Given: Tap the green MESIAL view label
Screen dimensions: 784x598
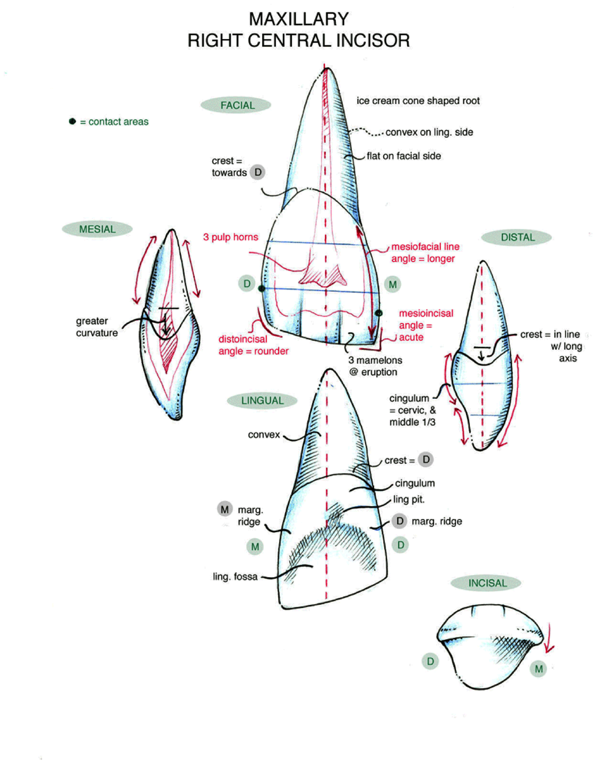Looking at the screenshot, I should [x=97, y=229].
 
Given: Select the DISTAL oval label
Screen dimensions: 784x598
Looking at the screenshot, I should [x=517, y=237].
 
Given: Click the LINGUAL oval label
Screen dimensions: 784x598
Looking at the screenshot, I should [x=262, y=400].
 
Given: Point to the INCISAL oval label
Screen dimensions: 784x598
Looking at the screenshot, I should [x=486, y=583].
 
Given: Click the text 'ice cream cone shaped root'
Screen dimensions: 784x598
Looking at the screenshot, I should [x=418, y=101].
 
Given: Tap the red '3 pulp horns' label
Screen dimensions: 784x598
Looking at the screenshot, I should [x=230, y=237].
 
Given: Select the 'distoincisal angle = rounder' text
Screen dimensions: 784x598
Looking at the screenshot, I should [x=253, y=345].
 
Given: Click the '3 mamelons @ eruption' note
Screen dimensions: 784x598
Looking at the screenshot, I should [x=375, y=366].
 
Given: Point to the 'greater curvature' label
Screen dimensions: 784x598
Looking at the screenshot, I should [x=97, y=327].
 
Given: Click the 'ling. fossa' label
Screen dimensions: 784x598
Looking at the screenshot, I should [x=235, y=576].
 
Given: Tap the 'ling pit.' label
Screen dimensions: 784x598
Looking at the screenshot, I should [x=409, y=499].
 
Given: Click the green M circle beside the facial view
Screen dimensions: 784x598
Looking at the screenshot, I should [x=393, y=285].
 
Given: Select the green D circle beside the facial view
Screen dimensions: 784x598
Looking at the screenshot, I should [x=247, y=284].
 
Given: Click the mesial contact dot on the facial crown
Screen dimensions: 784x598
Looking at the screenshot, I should [x=378, y=313].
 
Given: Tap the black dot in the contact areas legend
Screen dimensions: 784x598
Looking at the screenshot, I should [x=72, y=121].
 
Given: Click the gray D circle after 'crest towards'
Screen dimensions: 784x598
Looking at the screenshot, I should [x=258, y=172].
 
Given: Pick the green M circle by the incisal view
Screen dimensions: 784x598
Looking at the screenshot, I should [x=538, y=669].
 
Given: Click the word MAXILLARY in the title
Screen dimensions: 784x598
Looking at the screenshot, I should [x=299, y=19].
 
